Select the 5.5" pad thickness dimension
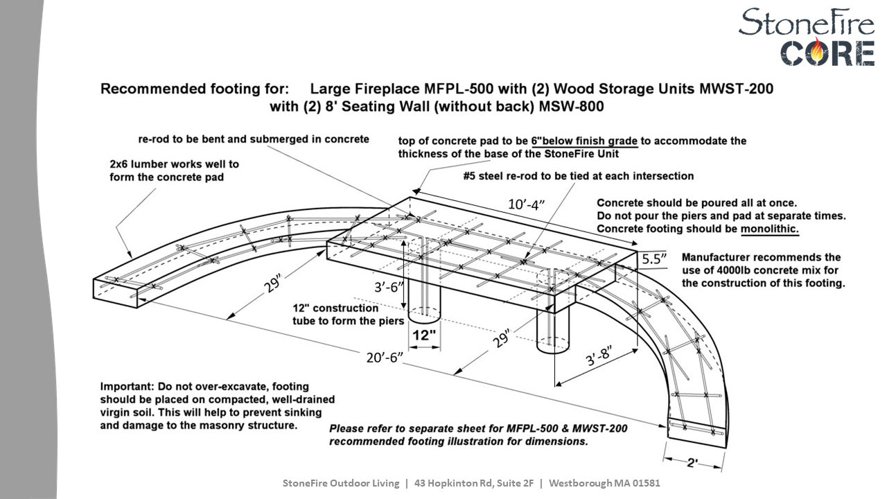point(654,259)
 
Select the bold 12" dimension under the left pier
point(424,335)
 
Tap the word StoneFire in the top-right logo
point(806,22)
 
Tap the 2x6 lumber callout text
point(174,170)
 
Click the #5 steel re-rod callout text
point(578,176)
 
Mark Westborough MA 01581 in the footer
point(604,483)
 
